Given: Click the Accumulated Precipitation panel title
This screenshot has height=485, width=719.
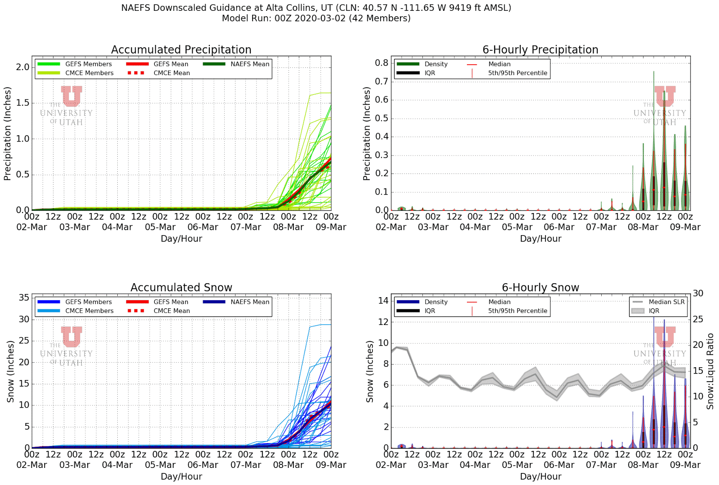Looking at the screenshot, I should tap(181, 49).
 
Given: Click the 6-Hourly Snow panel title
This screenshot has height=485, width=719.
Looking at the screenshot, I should tap(540, 287).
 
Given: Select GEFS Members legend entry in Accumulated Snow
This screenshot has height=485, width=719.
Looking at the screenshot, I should tap(88, 302).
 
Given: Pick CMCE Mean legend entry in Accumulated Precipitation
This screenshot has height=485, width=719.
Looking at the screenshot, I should tap(171, 73).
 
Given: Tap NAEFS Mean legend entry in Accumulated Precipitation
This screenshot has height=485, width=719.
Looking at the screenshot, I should tap(249, 64).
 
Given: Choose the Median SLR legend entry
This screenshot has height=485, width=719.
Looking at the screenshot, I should tap(666, 302).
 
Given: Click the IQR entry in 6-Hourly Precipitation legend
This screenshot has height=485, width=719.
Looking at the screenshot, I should tap(430, 73).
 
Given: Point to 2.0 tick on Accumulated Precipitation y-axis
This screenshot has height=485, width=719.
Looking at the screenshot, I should tap(22, 67).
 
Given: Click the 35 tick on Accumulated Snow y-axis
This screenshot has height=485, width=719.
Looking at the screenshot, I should tap(24, 298).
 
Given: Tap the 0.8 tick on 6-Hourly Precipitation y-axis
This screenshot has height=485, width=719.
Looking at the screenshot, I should tap(382, 62).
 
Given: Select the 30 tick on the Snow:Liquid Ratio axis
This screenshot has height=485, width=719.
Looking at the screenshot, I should tap(698, 293).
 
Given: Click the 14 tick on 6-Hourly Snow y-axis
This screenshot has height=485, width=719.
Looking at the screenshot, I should tap(383, 300).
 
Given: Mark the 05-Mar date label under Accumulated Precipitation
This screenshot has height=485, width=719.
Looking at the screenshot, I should tap(160, 227).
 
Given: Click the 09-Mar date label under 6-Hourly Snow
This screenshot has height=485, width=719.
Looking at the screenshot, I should tap(685, 465).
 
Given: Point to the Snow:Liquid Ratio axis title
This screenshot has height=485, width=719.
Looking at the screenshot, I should tap(710, 371).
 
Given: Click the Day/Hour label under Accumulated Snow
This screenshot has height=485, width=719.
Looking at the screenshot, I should tap(181, 476).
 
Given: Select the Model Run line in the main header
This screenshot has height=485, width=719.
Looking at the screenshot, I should tap(316, 18).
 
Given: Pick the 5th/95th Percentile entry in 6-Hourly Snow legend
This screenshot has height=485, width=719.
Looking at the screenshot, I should tap(517, 311).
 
